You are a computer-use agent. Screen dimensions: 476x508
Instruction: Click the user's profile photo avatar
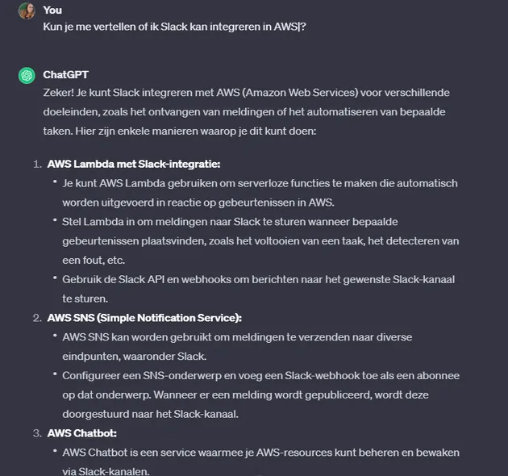click(27, 10)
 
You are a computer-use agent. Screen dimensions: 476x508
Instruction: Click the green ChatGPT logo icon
click(27, 75)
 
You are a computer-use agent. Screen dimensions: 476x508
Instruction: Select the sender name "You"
click(52, 10)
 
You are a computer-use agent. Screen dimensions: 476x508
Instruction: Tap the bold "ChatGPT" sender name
click(65, 75)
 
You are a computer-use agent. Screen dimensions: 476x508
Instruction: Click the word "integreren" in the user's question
click(214, 27)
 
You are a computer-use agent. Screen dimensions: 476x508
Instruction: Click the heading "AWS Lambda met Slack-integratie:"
click(134, 164)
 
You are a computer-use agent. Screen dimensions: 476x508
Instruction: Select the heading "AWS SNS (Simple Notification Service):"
click(145, 317)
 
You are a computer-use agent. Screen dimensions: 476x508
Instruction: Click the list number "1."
click(37, 164)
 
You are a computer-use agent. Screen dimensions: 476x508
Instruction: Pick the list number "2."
click(37, 317)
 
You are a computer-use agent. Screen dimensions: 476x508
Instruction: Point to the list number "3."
click(37, 432)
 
